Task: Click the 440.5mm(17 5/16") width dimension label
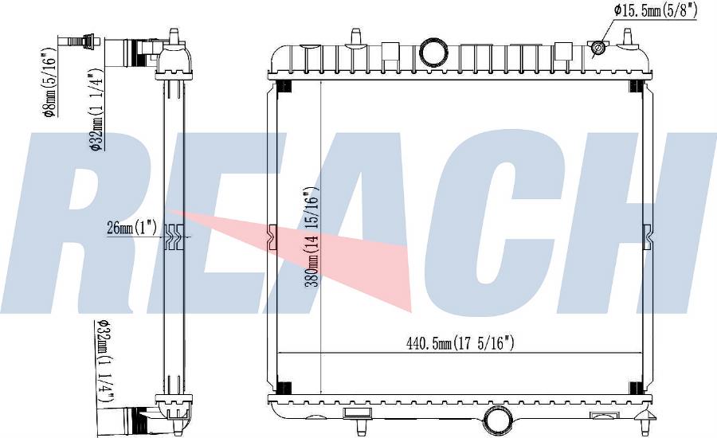coord(460,342)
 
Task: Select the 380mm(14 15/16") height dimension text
coord(311,237)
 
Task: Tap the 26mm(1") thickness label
coord(131,227)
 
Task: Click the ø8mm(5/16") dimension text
coord(50,81)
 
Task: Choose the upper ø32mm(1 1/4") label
coord(96,111)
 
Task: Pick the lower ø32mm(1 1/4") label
coord(104,362)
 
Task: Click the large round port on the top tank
coord(434,52)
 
